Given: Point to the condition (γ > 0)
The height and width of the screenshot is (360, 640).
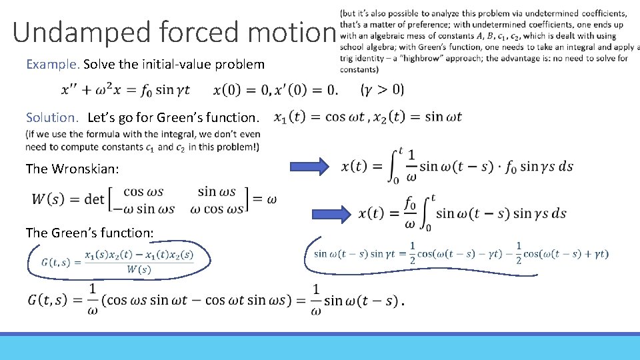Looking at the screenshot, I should pos(381,89).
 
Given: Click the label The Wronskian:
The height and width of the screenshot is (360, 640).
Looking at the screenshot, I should pos(72,169).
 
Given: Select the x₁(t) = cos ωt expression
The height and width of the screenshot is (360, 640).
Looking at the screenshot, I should pos(319,117).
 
